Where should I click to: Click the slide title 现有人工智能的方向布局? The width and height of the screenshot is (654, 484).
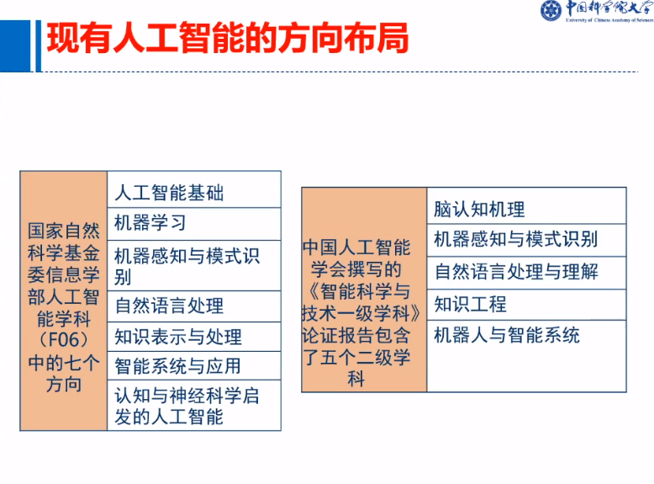pos(227,39)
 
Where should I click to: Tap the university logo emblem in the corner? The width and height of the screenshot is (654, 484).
pos(551,10)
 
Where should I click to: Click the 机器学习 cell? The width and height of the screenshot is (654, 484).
pos(194,224)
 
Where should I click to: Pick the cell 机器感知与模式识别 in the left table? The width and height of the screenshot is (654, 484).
pos(194,266)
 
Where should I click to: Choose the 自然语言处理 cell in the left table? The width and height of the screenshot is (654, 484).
pos(194,306)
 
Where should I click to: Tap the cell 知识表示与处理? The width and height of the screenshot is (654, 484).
pos(194,337)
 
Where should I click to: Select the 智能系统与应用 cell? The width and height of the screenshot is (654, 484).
pos(194,366)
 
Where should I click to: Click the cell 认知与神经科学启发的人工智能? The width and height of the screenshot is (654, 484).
pos(194,405)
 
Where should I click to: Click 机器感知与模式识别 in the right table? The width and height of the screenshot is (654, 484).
pos(526,240)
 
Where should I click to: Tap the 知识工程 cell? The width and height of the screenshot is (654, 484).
pos(526,305)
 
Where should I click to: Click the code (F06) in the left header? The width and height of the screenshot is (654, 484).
pos(63,340)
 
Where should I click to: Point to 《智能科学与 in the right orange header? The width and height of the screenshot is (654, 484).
pos(360,291)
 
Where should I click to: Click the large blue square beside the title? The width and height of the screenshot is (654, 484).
pos(15,46)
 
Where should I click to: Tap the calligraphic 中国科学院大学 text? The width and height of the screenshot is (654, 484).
pos(609,8)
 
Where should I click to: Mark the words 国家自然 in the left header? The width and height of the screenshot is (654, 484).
pos(63,231)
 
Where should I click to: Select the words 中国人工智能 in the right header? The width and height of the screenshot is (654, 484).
pos(357,247)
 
